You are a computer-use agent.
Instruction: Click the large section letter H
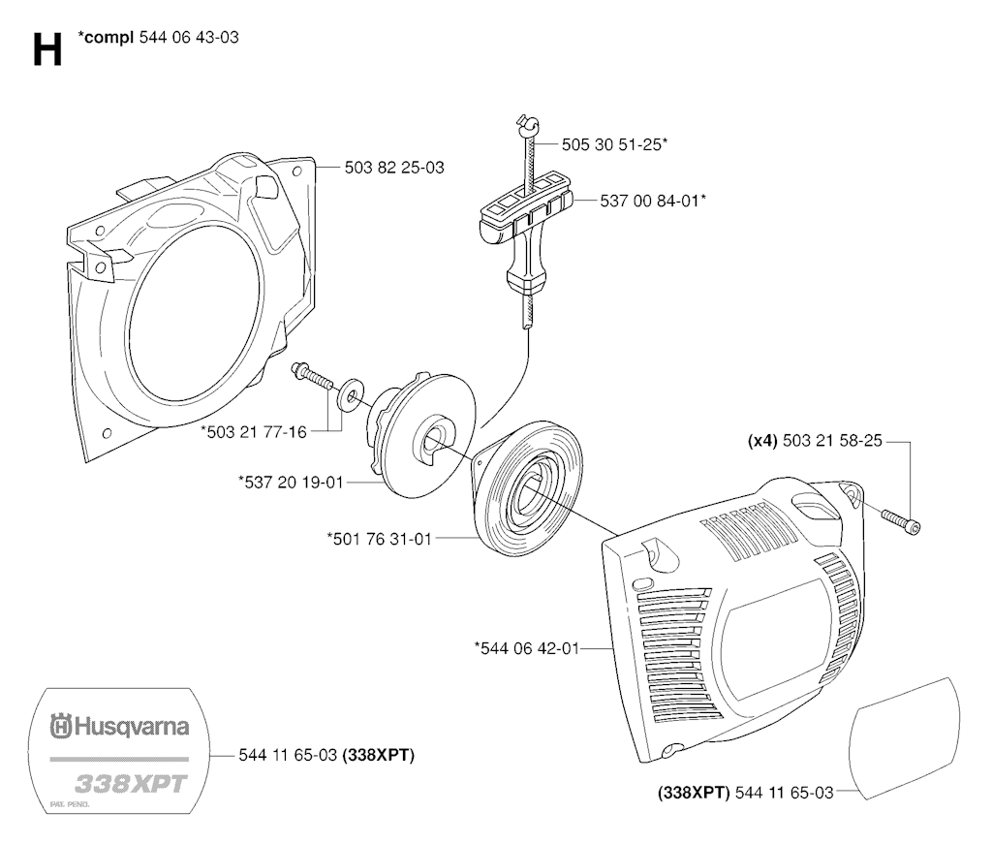click(x=47, y=50)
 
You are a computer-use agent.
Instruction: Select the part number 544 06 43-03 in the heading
click(x=189, y=38)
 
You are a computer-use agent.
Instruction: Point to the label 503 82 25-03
click(x=394, y=168)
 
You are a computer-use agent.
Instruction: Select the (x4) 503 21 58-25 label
click(x=815, y=440)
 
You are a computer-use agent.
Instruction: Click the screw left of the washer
click(x=312, y=376)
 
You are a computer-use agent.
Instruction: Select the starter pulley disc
click(x=420, y=440)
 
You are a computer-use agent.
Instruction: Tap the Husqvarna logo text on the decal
click(x=119, y=726)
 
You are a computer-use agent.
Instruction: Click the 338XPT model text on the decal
click(x=131, y=784)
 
